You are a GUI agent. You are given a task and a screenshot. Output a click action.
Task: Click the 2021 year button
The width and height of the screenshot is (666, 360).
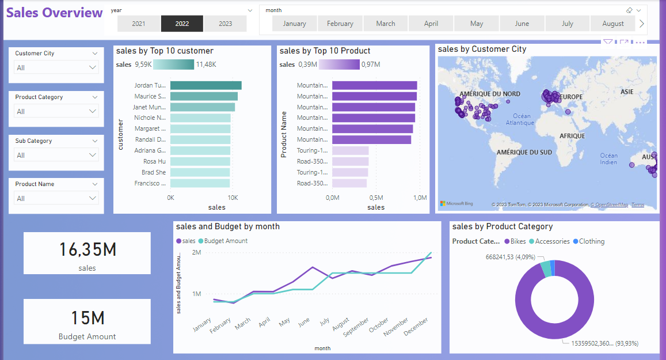pos(139,24)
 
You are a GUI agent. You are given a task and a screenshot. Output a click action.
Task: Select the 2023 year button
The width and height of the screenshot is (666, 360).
pos(225,24)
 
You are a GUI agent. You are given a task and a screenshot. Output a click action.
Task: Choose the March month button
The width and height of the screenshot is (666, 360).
pos(386,24)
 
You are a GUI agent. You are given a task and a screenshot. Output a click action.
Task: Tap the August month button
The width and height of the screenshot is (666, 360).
pos(612,24)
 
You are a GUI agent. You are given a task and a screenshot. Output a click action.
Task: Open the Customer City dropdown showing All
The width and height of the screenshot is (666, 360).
pos(56,67)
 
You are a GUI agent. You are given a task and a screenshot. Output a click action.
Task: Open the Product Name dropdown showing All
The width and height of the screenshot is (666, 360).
pos(56,198)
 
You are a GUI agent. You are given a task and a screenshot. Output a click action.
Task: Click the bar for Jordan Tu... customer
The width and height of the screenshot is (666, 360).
pos(205,85)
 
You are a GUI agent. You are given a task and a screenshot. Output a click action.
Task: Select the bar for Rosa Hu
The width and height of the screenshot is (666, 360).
pos(200,161)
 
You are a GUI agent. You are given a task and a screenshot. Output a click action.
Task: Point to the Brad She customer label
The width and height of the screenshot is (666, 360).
pos(154,172)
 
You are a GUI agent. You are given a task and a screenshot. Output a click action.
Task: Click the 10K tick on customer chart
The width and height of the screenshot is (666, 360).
pos(232,198)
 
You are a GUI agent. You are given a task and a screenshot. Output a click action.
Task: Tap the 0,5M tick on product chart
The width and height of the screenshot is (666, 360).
pos(376,198)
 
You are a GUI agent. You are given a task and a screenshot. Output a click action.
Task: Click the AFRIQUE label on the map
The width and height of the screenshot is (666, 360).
pos(572,136)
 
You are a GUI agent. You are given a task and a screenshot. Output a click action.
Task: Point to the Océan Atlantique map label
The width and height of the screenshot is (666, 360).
pos(520,119)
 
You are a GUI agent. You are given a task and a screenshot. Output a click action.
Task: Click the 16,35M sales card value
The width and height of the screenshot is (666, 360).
pos(87,249)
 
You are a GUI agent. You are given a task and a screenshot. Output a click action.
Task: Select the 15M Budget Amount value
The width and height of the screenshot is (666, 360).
pos(87,318)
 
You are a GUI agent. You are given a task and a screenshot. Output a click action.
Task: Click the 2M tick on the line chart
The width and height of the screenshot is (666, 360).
pos(196,252)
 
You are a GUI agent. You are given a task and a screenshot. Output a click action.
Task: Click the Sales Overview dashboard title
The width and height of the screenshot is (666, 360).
pos(54,13)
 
